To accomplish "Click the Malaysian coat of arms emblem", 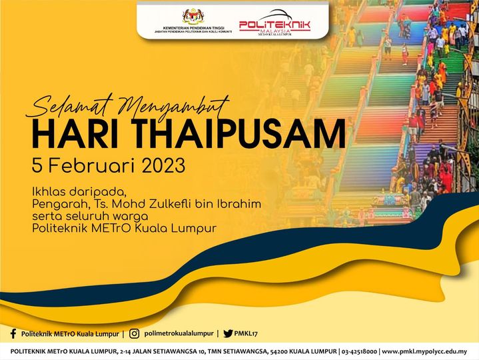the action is [x=193, y=17].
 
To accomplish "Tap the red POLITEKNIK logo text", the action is [x=274, y=25].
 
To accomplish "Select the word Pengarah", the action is [x=59, y=205].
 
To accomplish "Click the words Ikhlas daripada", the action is [x=79, y=193].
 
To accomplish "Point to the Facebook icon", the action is [x=13, y=333].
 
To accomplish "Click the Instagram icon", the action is [x=134, y=333].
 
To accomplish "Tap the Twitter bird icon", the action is [x=228, y=333].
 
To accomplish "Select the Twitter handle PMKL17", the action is [x=246, y=334].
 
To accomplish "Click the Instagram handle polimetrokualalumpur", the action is [x=179, y=333].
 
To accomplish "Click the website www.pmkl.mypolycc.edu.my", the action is [x=424, y=352].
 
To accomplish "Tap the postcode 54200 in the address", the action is [x=277, y=351].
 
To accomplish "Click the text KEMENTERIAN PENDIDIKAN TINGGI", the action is [x=194, y=28].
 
